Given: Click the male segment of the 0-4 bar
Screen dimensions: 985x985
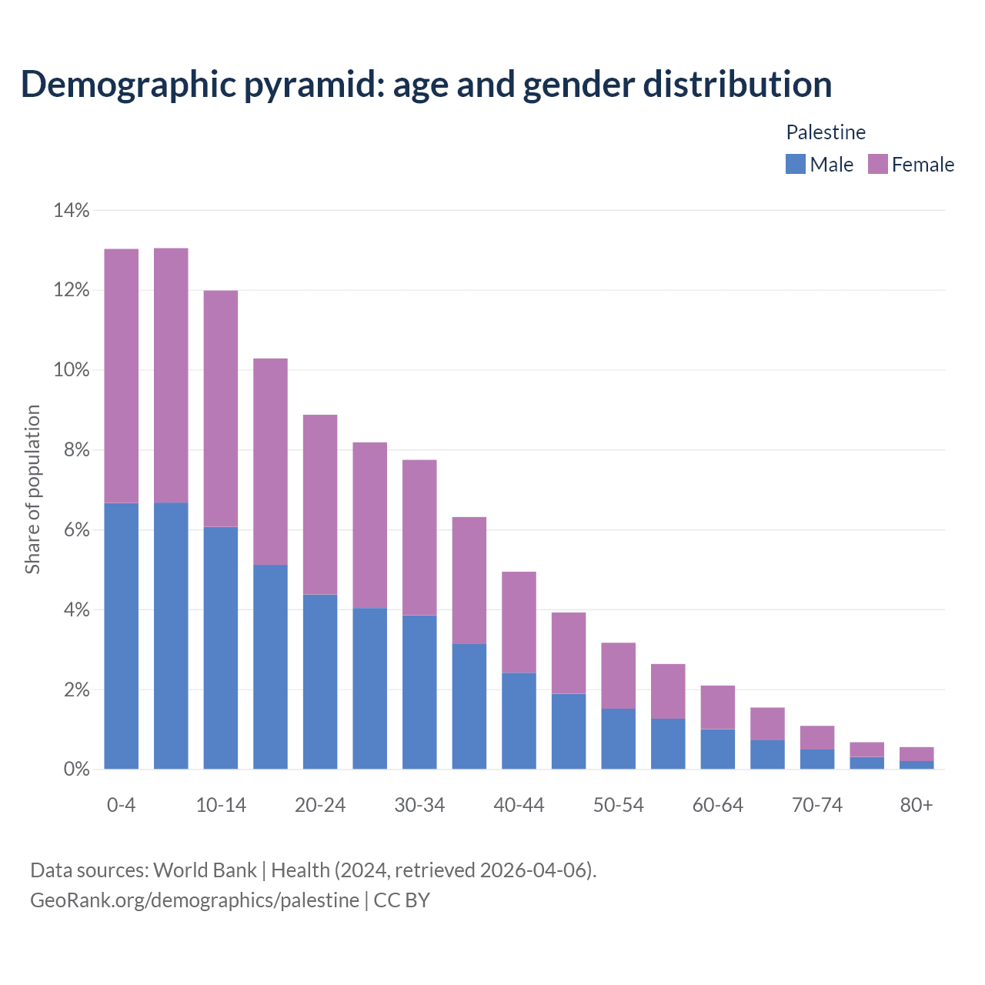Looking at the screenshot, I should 121,636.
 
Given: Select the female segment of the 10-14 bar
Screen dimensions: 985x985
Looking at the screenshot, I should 221,409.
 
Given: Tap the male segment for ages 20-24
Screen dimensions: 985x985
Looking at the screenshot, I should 320,682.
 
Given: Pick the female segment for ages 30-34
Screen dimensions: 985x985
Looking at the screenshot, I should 419,537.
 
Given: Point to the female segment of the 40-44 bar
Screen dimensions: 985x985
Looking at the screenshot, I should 519,622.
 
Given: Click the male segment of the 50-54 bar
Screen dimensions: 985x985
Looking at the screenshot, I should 618,739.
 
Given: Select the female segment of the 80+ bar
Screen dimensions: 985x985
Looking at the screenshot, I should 917,754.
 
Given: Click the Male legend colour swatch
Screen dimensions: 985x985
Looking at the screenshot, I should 795,164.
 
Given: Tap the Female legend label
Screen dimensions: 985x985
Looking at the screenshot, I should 923,165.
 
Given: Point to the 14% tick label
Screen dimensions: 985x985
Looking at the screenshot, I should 71,210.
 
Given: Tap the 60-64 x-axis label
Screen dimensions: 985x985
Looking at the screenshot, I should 717,805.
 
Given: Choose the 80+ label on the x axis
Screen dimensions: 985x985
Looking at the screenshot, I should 917,805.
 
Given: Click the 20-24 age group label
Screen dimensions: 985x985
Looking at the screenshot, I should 320,805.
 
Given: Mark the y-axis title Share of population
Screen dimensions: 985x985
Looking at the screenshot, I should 32,489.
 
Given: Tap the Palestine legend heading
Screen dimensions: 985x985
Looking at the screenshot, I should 826,132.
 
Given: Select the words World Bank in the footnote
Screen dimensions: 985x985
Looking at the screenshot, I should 205,870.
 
